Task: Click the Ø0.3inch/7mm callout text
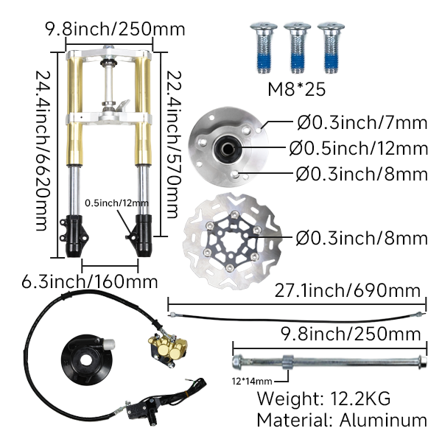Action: pos(346,124)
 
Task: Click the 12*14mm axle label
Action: pos(250,381)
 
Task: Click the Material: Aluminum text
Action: pos(342,421)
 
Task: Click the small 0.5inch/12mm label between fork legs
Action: pos(116,203)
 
